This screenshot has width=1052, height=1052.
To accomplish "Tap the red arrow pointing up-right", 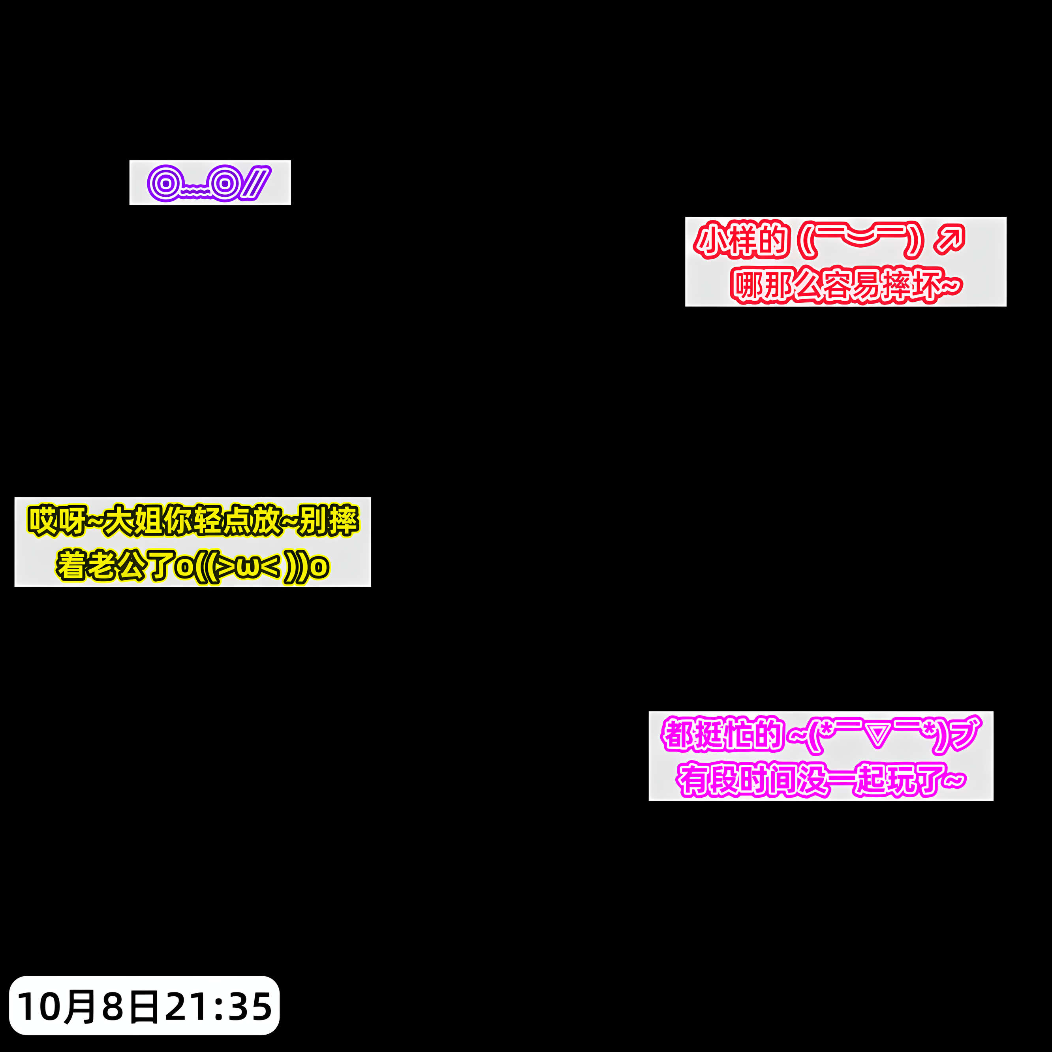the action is point(950,240).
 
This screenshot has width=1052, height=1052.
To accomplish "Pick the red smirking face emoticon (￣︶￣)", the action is point(861,240).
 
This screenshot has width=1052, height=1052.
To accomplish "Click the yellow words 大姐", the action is point(133,520).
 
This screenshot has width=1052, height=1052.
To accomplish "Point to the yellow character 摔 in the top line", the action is point(344,520).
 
